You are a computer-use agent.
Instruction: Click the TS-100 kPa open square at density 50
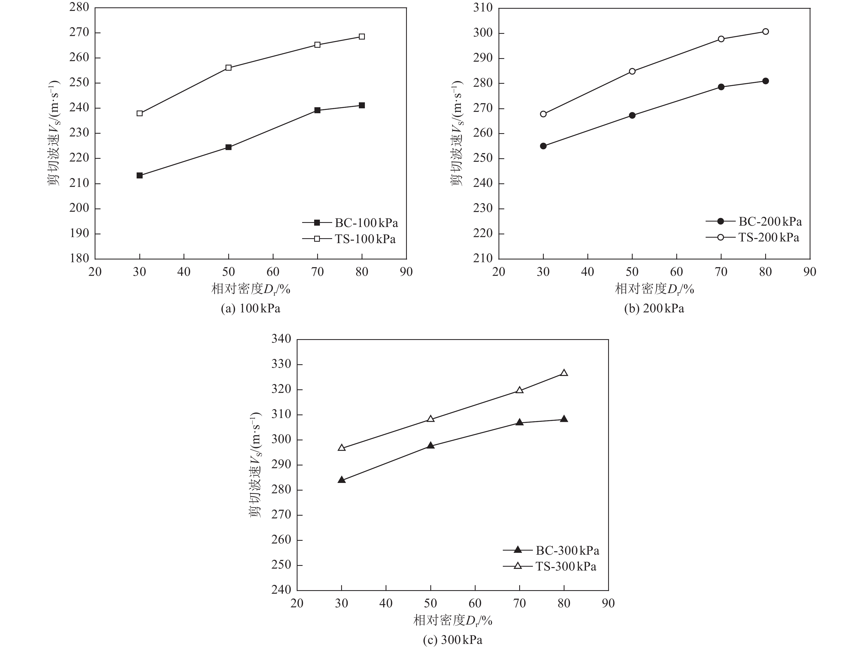[x=228, y=68]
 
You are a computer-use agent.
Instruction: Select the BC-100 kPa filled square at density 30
[x=139, y=176]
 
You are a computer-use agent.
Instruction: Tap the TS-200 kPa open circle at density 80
[x=765, y=31]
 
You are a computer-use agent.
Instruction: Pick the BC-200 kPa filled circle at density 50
[x=632, y=115]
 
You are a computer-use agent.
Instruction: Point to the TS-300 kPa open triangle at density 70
[x=519, y=390]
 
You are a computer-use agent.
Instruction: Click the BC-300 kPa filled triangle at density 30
[x=342, y=480]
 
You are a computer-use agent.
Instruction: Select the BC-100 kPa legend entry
[x=350, y=223]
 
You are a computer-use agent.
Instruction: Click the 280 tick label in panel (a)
[x=79, y=7]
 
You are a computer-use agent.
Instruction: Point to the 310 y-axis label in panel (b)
[x=483, y=8]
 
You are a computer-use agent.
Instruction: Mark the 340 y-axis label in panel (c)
[x=281, y=339]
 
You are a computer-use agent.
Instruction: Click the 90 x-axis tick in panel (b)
[x=810, y=272]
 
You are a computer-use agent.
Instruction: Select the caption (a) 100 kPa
[x=251, y=309]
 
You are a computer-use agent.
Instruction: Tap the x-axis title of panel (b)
[x=654, y=289]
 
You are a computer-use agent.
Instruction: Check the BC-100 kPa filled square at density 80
[x=362, y=105]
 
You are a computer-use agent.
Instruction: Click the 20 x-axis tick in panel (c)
[x=297, y=603]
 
